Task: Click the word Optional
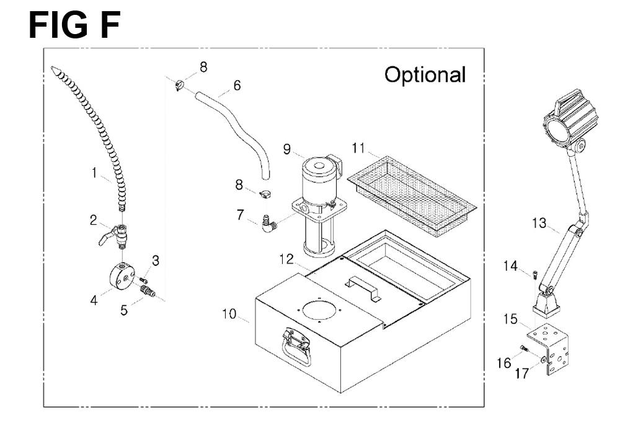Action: click(x=425, y=76)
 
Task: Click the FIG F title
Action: click(x=74, y=25)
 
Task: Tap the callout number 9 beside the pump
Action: click(x=287, y=149)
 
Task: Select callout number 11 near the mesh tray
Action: click(x=358, y=148)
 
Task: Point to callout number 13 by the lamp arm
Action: click(x=539, y=223)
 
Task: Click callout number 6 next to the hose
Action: click(x=237, y=86)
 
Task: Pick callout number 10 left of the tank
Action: click(x=229, y=314)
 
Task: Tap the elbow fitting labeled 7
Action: click(x=268, y=224)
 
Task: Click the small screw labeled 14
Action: click(x=535, y=274)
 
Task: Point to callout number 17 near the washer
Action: click(x=522, y=373)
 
